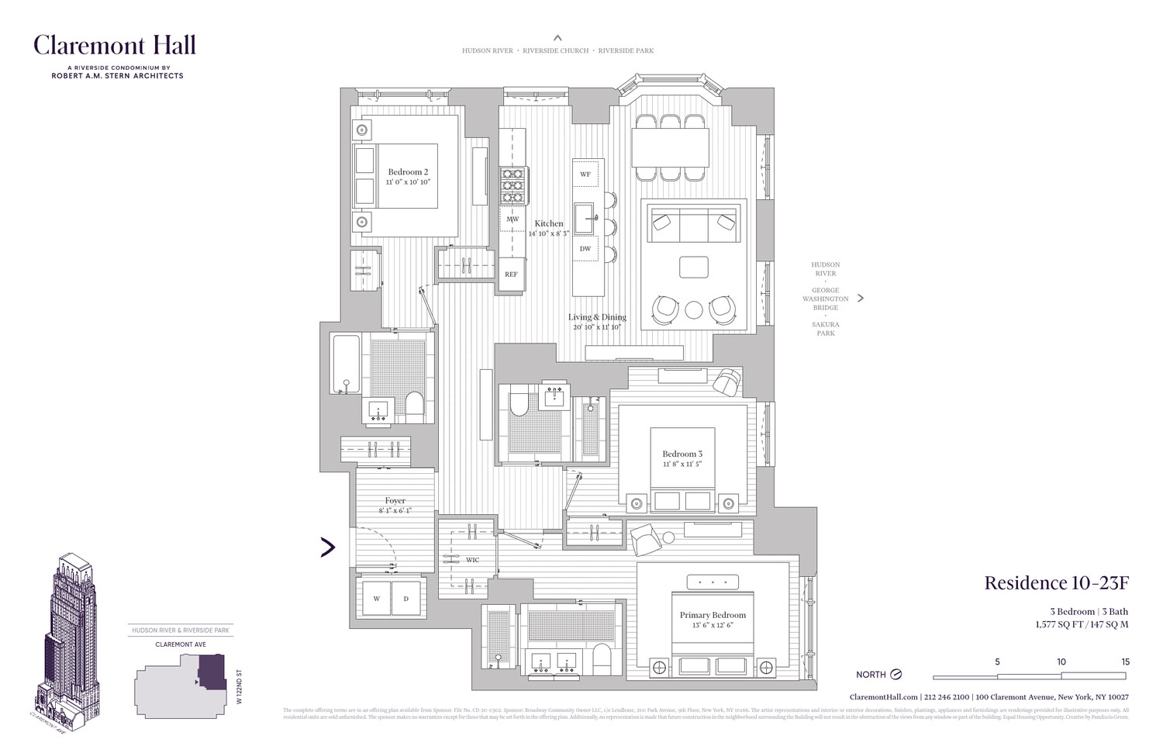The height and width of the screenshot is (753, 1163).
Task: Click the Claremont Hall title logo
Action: [x=115, y=46]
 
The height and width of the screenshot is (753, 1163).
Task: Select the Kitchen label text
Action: [x=548, y=223]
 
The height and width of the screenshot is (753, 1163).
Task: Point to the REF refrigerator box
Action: [x=511, y=275]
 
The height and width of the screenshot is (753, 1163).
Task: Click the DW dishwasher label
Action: [x=585, y=249]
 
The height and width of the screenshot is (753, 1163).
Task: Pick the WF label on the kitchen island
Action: [x=585, y=174]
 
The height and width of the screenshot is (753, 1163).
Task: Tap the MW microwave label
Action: [x=512, y=219]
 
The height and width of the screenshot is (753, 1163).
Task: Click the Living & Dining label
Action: [x=597, y=317]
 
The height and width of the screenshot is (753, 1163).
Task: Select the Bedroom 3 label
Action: [x=682, y=454]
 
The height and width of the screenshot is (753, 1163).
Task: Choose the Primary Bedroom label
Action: [x=713, y=615]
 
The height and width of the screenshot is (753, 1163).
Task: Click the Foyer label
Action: [x=395, y=501]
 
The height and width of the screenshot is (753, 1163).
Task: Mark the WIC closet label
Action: [x=472, y=559]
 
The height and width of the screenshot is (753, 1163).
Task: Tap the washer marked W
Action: [x=377, y=599]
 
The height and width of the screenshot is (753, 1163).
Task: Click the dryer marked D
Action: [x=405, y=599]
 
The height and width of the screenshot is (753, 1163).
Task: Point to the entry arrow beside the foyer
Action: [x=328, y=547]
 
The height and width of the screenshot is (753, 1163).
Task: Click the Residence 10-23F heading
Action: [x=1056, y=582]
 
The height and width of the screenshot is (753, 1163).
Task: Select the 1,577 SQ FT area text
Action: [x=1063, y=623]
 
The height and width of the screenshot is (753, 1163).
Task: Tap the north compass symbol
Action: [x=896, y=674]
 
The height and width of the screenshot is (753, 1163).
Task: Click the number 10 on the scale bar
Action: [x=1061, y=661]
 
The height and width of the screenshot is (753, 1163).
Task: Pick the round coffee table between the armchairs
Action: [x=694, y=309]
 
